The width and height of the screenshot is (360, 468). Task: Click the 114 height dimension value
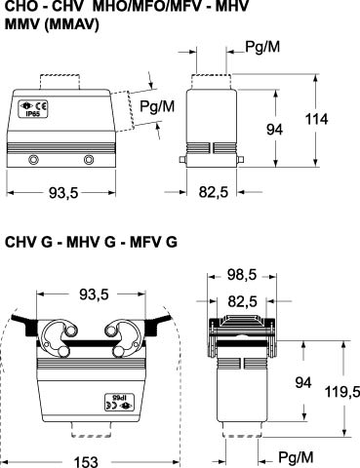[316, 119]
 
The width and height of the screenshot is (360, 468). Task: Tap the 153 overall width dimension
[86, 462]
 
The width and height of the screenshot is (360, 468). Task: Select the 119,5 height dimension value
[342, 392]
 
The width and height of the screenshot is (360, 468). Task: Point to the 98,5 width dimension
[242, 275]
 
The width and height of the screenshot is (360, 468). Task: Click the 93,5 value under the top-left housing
[63, 193]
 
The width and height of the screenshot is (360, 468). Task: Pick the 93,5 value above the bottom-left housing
[95, 294]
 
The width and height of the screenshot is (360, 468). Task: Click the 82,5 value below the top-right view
[214, 192]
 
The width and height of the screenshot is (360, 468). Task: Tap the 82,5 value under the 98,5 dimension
[243, 301]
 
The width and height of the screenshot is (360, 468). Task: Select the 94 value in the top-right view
[275, 130]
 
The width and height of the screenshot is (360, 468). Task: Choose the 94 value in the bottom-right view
[303, 382]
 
